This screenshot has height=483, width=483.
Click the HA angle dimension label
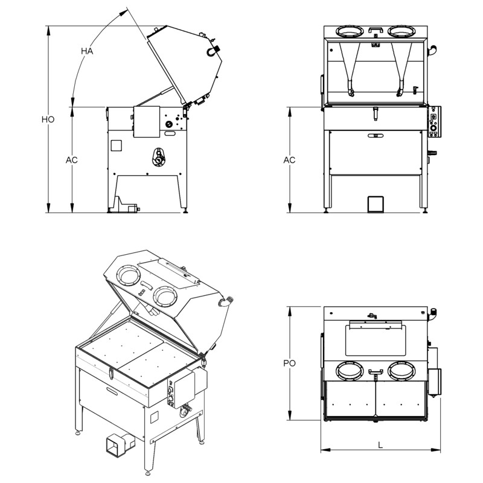pyautogui.click(x=87, y=51)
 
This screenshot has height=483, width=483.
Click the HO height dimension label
pyautogui.click(x=48, y=120)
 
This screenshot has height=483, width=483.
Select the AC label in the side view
pyautogui.click(x=71, y=160)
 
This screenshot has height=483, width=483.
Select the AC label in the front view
pyautogui.click(x=289, y=160)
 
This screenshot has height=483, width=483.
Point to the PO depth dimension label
pyautogui.click(x=289, y=363)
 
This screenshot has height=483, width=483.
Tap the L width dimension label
pyautogui.click(x=380, y=445)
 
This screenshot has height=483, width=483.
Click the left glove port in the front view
pyautogui.click(x=349, y=31)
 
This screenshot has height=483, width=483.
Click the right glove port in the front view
pyautogui.click(x=401, y=31)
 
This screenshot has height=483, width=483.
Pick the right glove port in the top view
pyautogui.click(x=401, y=371)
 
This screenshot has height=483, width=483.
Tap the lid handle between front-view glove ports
pyautogui.click(x=375, y=30)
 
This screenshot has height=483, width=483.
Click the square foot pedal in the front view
pyautogui.click(x=376, y=203)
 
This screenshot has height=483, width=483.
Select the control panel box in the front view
pyautogui.click(x=434, y=122)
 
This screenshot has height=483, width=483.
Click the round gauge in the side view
pyautogui.click(x=169, y=124)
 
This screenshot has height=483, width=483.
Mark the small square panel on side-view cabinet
pyautogui.click(x=116, y=146)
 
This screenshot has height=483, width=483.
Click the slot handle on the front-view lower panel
pyautogui.click(x=375, y=135)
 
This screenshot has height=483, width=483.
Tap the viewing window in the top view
pyautogui.click(x=375, y=338)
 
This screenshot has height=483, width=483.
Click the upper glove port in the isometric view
pyautogui.click(x=129, y=276)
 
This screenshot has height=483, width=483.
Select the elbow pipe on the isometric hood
pyautogui.click(x=226, y=301)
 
